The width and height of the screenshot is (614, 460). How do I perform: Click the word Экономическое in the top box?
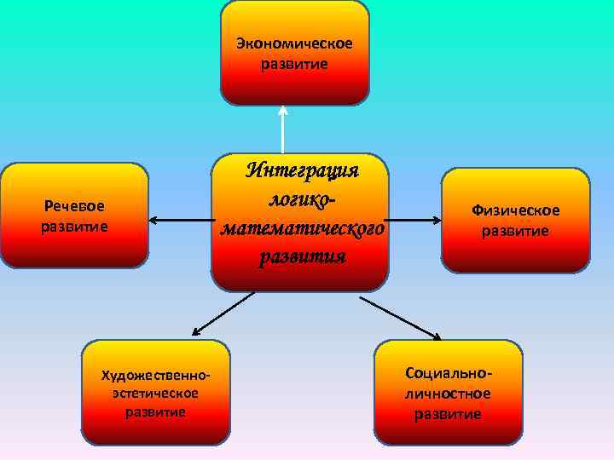pyautogui.click(x=294, y=43)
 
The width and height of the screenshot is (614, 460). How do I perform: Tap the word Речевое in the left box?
pyautogui.click(x=74, y=207)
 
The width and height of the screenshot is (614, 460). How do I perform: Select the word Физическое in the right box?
pyautogui.click(x=516, y=210)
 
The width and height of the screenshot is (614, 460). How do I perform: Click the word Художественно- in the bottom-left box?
pyautogui.click(x=155, y=375)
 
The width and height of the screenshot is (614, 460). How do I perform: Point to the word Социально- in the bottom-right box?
pyautogui.click(x=449, y=374)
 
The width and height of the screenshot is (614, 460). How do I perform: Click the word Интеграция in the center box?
pyautogui.click(x=303, y=170)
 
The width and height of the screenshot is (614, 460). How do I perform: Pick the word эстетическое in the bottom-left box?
pyautogui.click(x=155, y=393)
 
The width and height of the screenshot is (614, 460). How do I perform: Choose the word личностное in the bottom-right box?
pyautogui.click(x=449, y=394)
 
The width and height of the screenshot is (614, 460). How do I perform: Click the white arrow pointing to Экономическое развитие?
pyautogui.click(x=282, y=128)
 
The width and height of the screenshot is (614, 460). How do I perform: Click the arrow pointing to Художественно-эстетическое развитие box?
pyautogui.click(x=222, y=313)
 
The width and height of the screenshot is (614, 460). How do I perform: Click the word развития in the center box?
pyautogui.click(x=303, y=256)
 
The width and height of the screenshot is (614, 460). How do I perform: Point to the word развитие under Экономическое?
pyautogui.click(x=294, y=64)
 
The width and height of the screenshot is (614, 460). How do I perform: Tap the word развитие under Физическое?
pyautogui.click(x=516, y=231)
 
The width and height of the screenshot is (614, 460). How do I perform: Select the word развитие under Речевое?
pyautogui.click(x=74, y=227)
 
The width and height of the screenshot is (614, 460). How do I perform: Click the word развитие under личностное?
pyautogui.click(x=449, y=414)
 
